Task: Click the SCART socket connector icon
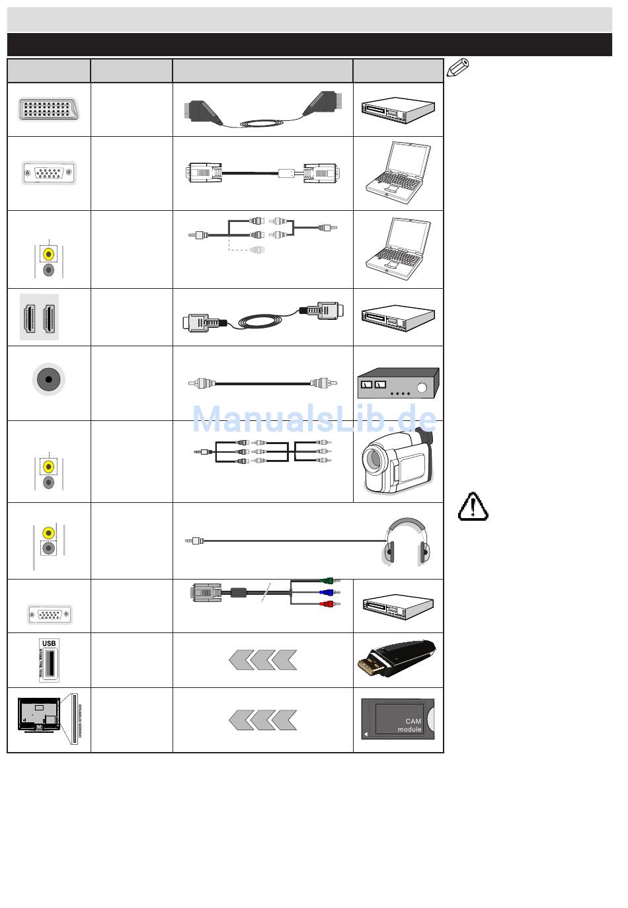pos(48,108)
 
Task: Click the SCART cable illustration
pos(262,111)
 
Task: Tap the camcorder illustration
pos(397,461)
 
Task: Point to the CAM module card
pos(398,720)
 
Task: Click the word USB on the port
pos(49,643)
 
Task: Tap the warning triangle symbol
pos(473,507)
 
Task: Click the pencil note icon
pos(459,66)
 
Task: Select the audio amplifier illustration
pos(398,383)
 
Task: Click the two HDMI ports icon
pos(40,317)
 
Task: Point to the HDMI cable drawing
pos(262,318)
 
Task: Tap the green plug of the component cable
pos(333,581)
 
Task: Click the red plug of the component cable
pos(333,604)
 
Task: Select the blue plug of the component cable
pos(333,593)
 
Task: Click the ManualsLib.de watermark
pos(314,418)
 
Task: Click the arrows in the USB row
pos(262,660)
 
